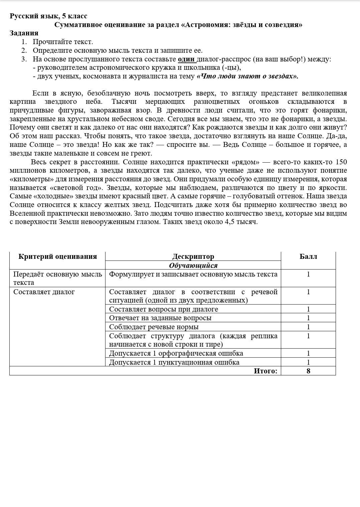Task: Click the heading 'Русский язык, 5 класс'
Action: (x=48, y=16)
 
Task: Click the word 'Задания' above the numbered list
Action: (x=24, y=33)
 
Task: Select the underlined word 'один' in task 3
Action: (x=186, y=59)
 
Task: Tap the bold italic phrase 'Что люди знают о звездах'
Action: (x=247, y=76)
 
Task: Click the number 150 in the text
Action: (x=341, y=162)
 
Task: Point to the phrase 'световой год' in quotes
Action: (x=71, y=188)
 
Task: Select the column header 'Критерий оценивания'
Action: (x=57, y=257)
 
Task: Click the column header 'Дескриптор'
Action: (x=193, y=257)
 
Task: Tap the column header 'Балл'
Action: (x=308, y=257)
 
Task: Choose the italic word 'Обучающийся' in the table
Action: (x=193, y=266)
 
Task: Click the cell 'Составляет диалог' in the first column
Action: (x=44, y=292)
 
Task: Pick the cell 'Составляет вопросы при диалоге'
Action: (x=164, y=309)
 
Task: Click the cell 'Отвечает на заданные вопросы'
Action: (x=160, y=318)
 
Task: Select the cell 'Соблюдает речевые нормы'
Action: (x=154, y=327)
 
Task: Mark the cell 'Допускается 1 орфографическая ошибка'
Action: (x=176, y=353)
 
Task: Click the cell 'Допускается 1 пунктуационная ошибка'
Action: (x=174, y=362)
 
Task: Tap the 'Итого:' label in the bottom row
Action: (x=265, y=371)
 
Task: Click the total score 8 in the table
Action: (x=308, y=371)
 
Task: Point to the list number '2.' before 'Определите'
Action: (x=24, y=51)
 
